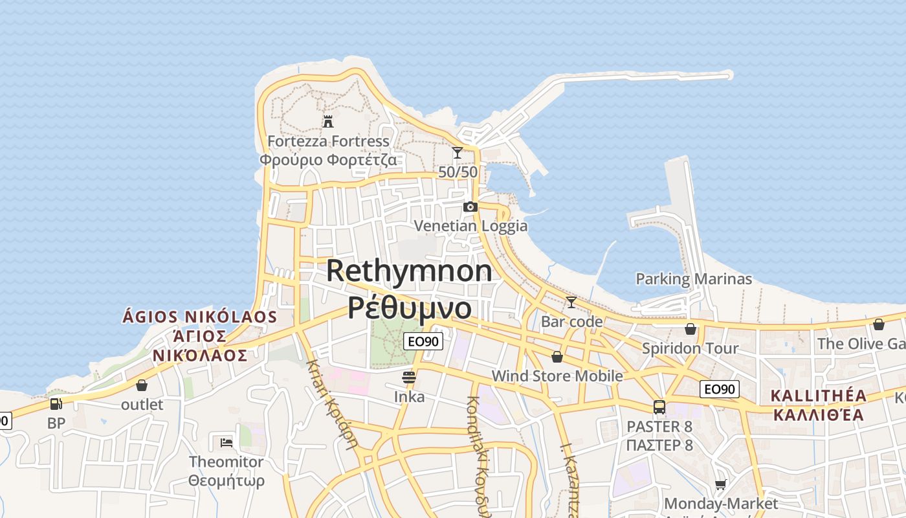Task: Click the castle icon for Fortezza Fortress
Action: point(328,121)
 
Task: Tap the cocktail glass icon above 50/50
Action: point(458,153)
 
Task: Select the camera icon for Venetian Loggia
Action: point(470,207)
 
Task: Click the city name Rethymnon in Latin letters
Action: point(409,270)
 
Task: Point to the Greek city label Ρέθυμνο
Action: point(409,308)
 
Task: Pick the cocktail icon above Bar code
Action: point(571,302)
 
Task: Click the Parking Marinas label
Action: point(694,279)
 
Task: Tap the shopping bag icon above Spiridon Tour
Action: point(691,329)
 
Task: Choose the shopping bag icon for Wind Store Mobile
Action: point(557,357)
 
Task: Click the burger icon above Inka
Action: point(409,377)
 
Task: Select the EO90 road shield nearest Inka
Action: point(423,342)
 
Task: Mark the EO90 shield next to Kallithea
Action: point(720,389)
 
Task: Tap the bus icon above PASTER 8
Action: point(659,407)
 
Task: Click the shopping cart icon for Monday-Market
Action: point(721,484)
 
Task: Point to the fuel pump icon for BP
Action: point(56,404)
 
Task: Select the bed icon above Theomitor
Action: point(226,443)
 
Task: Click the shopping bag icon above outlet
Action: point(142,385)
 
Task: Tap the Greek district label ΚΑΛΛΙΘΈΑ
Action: point(819,414)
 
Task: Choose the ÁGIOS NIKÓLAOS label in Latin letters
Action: point(200,317)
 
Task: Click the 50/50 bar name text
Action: point(458,172)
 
